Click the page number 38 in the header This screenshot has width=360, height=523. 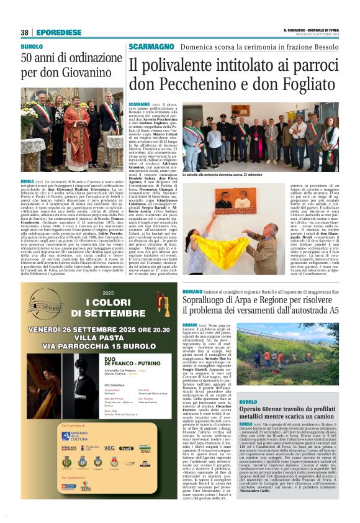tap(24, 32)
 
